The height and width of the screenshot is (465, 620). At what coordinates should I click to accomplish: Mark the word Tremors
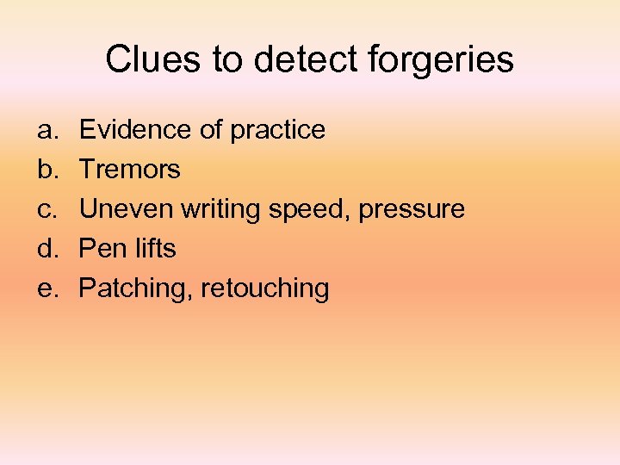tap(130, 170)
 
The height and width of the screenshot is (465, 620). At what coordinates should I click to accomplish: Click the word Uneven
tap(126, 209)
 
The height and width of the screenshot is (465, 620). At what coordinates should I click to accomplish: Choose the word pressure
tap(412, 210)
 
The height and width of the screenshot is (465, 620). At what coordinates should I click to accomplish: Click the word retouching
tap(264, 288)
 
